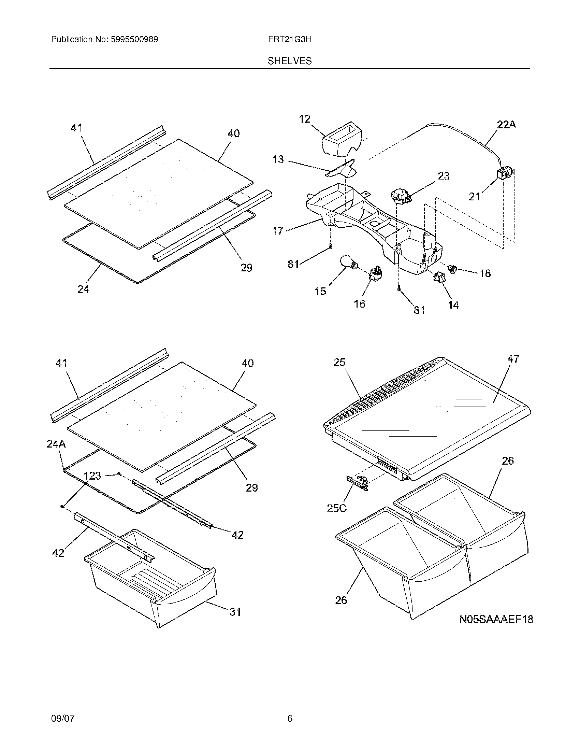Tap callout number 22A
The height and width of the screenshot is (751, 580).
click(506, 125)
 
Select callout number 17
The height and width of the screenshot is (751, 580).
click(278, 230)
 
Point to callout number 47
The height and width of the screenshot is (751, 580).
click(513, 359)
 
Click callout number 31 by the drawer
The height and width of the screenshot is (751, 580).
click(235, 612)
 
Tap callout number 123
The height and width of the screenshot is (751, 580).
click(92, 476)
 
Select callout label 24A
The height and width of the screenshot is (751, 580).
click(56, 444)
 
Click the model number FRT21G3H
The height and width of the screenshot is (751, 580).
click(290, 39)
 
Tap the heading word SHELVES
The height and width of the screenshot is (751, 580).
click(290, 61)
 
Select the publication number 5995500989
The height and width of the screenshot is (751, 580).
click(134, 39)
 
